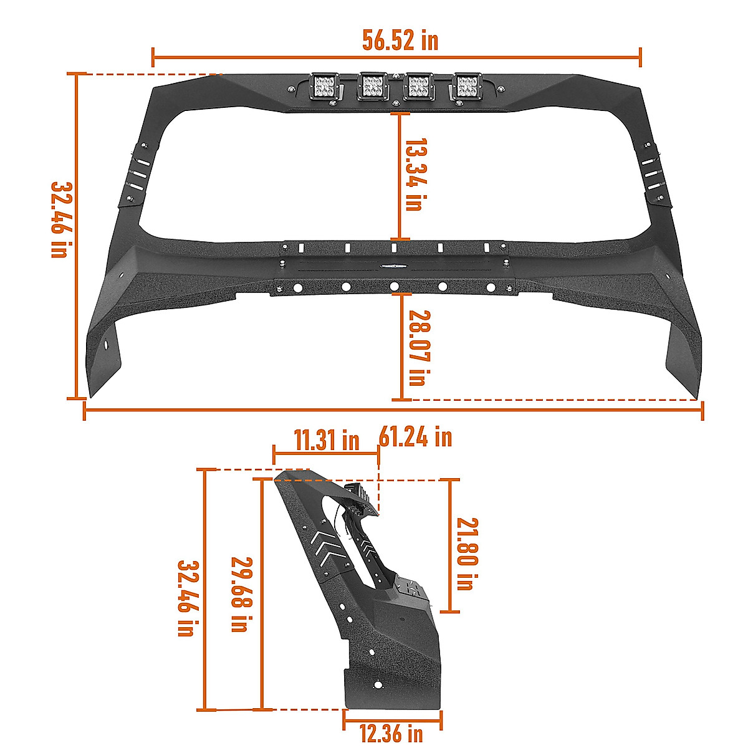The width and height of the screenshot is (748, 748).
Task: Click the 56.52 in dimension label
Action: (400, 41)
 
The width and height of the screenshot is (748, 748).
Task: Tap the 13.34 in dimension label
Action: (413, 175)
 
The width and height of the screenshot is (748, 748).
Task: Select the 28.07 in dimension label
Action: (416, 348)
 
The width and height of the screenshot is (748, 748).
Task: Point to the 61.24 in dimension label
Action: (415, 437)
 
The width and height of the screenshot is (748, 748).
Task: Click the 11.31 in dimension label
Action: (327, 441)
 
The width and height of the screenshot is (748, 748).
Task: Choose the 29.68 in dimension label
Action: (239, 594)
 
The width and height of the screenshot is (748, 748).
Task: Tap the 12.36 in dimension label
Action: (391, 733)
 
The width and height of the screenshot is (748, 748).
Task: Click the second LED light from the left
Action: (373, 87)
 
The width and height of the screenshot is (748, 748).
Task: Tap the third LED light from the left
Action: (420, 87)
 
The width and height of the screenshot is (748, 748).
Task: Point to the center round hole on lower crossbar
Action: (394, 287)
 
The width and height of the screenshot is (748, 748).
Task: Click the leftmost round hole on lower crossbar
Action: (298, 287)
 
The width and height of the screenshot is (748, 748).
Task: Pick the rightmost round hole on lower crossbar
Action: (491, 287)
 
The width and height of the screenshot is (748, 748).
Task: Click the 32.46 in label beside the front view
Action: (60, 219)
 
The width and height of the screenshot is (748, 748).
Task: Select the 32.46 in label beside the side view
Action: (186, 597)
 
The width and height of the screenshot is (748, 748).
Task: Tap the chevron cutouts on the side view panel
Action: (329, 546)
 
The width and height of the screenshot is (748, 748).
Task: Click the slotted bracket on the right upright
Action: (652, 175)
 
